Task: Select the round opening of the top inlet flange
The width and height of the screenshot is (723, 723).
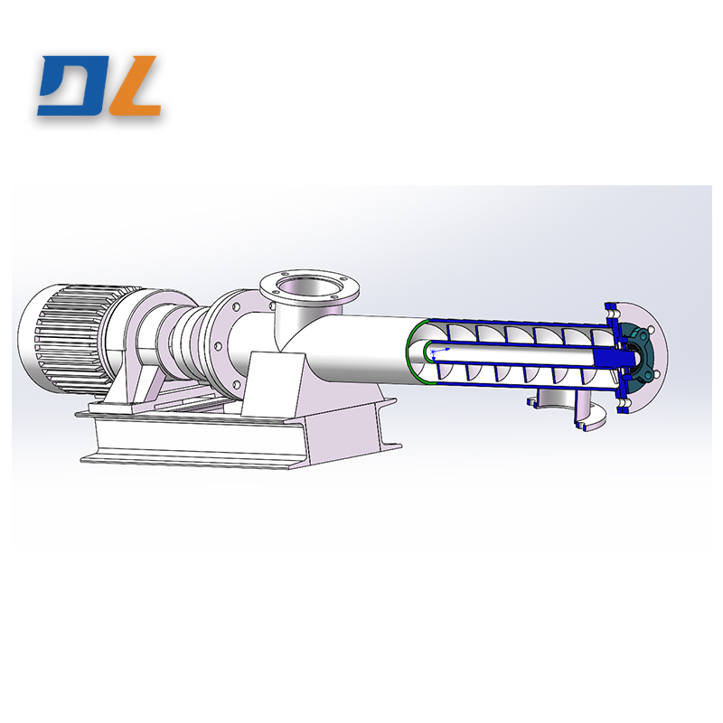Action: (x=304, y=291)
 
